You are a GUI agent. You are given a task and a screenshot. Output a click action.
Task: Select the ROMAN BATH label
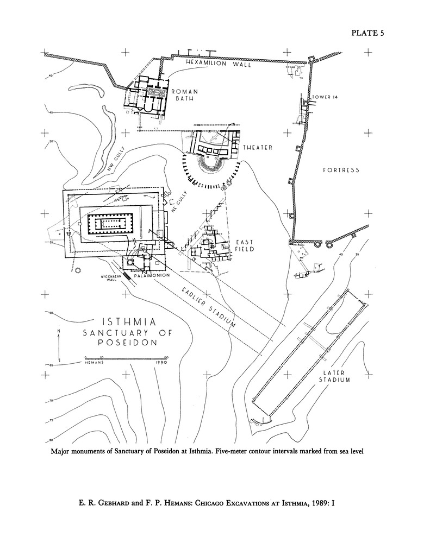[185, 96]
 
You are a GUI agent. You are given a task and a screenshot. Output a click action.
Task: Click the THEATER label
[258, 148]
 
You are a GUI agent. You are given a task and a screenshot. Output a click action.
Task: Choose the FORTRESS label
[341, 170]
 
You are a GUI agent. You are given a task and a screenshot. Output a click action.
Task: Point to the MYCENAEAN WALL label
[109, 278]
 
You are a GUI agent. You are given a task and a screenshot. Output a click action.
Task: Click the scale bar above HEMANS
[124, 357]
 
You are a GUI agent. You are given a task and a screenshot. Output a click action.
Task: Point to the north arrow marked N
[59, 340]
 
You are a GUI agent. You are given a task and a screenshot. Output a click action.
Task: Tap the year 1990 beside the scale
[160, 362]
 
